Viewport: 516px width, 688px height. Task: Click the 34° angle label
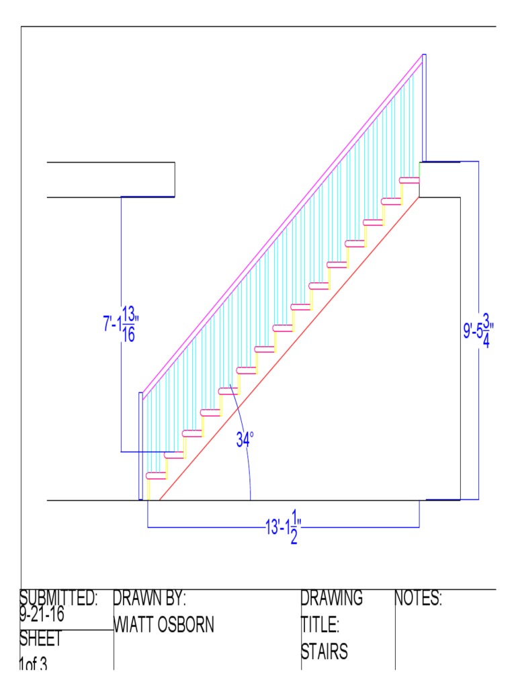pos(245,440)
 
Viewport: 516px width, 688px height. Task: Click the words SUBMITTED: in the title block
pos(59,598)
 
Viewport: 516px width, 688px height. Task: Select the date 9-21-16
pos(46,613)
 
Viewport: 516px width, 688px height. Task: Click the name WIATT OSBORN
pos(164,626)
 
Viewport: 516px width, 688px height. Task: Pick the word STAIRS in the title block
pos(324,652)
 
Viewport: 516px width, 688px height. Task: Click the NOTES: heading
pos(418,598)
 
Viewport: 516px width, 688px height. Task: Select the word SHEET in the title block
pos(40,638)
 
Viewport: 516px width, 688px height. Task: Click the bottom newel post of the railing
pos(140,446)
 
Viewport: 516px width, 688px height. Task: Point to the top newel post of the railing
pos(424,107)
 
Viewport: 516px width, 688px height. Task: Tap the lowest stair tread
pos(156,476)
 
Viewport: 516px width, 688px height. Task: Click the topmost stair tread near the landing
pos(409,180)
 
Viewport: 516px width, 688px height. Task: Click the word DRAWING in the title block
pos(332,598)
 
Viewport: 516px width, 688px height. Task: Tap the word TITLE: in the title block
pos(320,626)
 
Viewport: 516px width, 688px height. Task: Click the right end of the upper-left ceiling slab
pos(174,179)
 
